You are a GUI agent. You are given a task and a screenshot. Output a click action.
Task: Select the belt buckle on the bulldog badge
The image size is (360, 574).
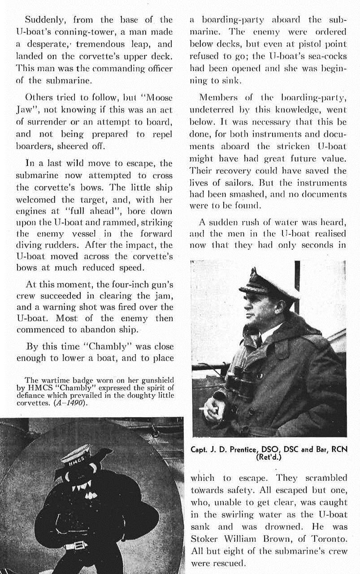tap(76, 546)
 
